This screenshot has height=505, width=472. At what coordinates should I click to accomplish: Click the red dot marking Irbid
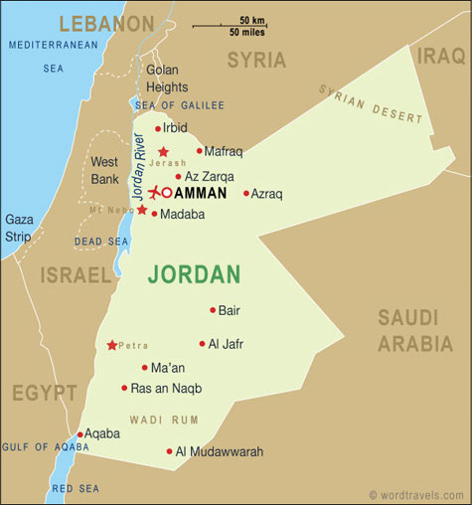tap(157, 128)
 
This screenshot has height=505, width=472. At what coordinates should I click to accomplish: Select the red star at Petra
tap(112, 345)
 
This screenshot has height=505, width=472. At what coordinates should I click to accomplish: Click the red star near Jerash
tap(163, 152)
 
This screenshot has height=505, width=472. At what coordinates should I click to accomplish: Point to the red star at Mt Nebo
tap(142, 210)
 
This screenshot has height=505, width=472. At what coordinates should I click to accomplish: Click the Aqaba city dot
tap(79, 434)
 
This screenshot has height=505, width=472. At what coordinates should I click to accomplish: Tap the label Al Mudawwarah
tap(220, 452)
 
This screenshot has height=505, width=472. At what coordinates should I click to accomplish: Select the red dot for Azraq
tap(246, 193)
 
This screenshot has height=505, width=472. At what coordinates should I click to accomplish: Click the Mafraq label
tap(224, 152)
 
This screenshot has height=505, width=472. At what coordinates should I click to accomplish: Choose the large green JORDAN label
tap(195, 273)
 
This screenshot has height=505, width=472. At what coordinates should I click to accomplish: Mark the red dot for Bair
tap(213, 310)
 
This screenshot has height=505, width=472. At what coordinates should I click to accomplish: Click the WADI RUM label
tap(158, 420)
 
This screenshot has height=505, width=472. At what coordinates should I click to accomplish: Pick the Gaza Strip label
tap(18, 228)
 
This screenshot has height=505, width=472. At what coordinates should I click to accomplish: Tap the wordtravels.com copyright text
tap(417, 494)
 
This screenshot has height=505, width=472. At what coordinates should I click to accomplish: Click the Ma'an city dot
tap(144, 367)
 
